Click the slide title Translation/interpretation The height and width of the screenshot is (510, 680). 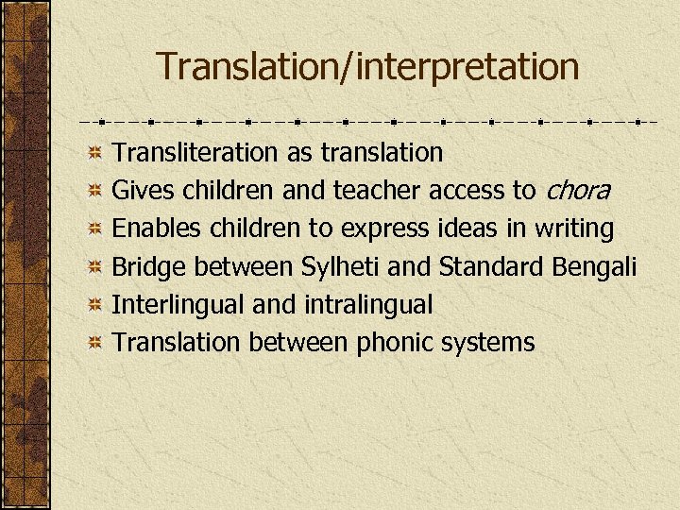(367, 67)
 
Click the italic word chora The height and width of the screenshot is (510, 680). (576, 191)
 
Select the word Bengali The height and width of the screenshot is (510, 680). (593, 267)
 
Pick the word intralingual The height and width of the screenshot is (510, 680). (368, 305)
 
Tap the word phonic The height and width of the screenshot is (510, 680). (395, 343)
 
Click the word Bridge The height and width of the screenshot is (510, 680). (144, 267)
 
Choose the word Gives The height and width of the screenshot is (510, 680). (143, 191)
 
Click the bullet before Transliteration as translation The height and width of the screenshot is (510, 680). (94, 153)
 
